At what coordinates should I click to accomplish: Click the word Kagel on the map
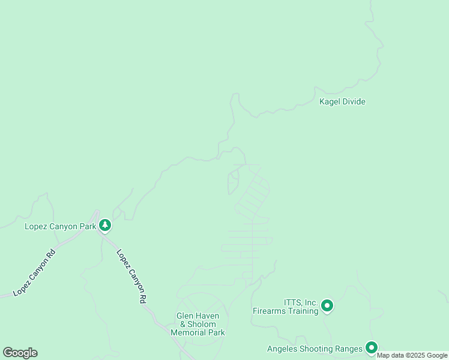coord(330,101)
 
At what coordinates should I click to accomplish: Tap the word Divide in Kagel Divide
coord(354,101)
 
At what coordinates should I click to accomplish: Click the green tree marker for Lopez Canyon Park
coord(106,226)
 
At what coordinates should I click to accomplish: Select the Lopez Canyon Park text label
coord(59,226)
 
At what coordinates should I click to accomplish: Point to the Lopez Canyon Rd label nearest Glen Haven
coord(131,277)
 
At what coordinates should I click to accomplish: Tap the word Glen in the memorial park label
coord(185,316)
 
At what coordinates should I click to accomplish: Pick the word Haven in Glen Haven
coord(208,316)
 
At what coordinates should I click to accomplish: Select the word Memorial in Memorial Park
coord(190,332)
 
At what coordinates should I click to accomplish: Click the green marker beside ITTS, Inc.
coord(327,306)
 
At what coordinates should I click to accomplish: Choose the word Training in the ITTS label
coord(302,311)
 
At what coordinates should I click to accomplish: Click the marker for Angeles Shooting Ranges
coord(372,347)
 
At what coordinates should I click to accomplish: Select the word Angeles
coord(282,349)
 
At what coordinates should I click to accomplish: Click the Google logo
coord(20,352)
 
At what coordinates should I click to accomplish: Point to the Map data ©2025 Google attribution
coord(412,355)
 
